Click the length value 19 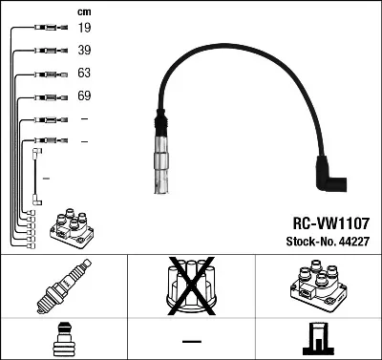tap(84, 30)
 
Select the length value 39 tap(84, 52)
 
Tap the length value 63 tap(84, 74)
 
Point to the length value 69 tap(84, 96)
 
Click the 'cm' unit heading tap(83, 11)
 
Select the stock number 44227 tap(352, 243)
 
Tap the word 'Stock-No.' tap(305, 243)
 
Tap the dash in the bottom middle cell tap(192, 342)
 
